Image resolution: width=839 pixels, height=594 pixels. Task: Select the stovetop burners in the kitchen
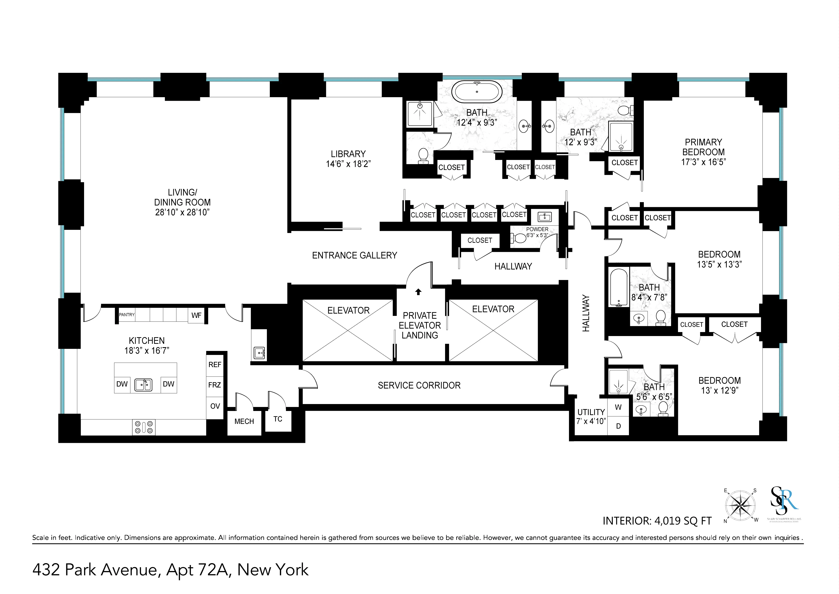(x=144, y=427)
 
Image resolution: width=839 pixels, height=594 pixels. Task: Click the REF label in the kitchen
(x=215, y=365)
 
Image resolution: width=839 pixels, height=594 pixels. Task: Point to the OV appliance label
(x=215, y=406)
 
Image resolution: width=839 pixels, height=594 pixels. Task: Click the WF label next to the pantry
(x=196, y=315)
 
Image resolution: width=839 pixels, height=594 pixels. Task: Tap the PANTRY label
(x=127, y=315)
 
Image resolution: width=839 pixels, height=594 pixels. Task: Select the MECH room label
(x=244, y=421)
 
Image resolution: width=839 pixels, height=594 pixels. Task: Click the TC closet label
(x=278, y=419)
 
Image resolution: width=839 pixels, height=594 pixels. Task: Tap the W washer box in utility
(x=618, y=407)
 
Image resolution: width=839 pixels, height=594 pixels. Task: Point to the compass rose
(x=740, y=506)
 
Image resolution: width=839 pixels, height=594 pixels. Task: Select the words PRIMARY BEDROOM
(x=703, y=147)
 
